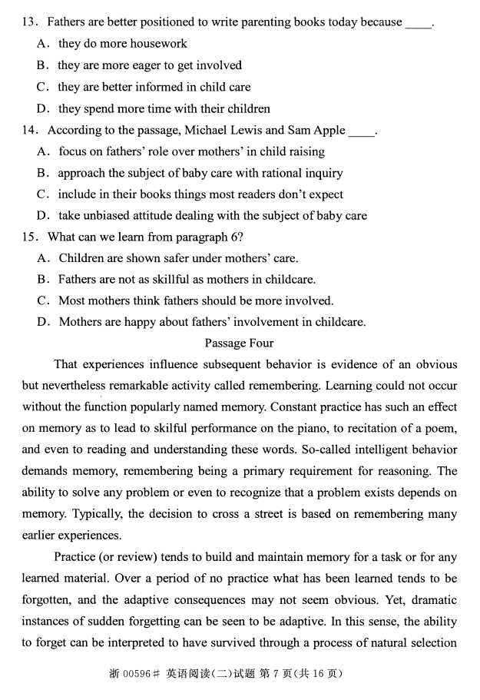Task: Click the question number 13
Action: click(x=29, y=22)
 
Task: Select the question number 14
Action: click(x=29, y=131)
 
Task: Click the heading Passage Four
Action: click(x=239, y=343)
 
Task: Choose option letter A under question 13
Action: click(x=42, y=44)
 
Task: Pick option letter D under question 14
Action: click(x=42, y=216)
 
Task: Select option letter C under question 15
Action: click(x=42, y=300)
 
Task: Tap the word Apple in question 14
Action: click(x=329, y=131)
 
